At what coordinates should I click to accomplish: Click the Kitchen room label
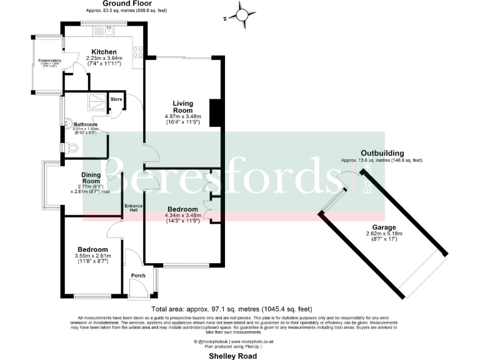coord(104,52)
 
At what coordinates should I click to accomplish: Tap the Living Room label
coord(182,107)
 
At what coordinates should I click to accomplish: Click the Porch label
coord(138,276)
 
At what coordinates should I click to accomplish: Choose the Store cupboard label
coord(116,99)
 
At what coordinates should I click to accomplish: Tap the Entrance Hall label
coord(133,207)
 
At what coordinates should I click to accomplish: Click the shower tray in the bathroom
coord(97,99)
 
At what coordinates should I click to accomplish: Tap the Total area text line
coord(231,309)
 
